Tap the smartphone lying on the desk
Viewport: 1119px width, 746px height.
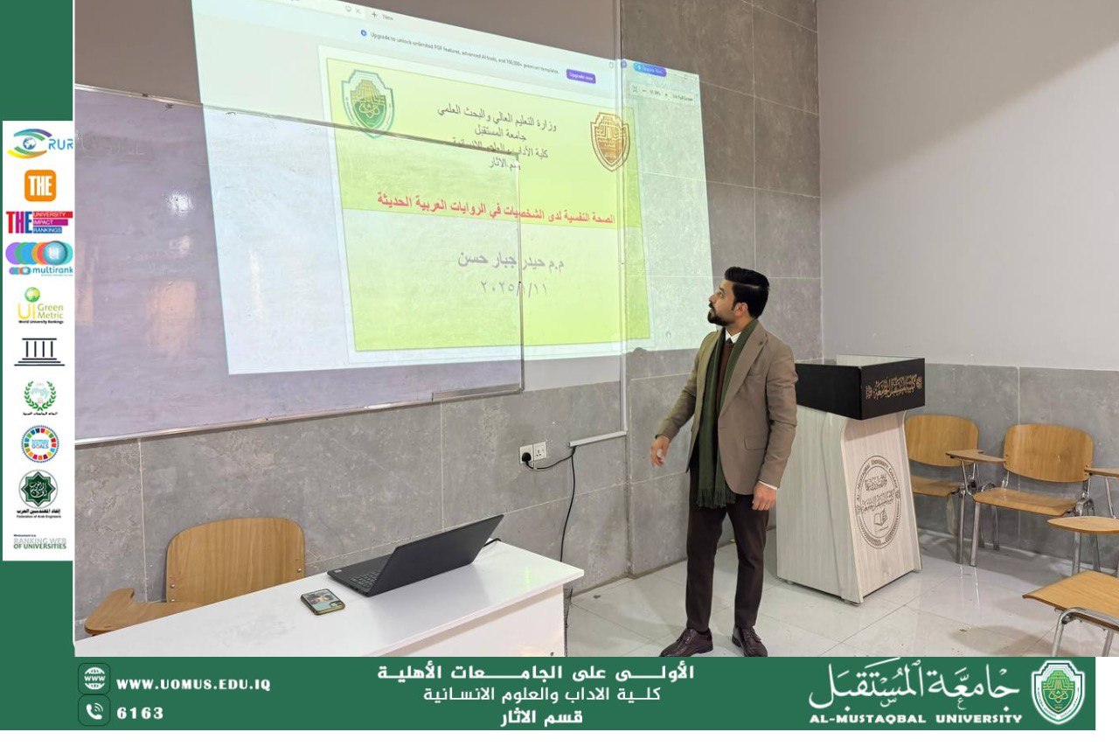(323, 601)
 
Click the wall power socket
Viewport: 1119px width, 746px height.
(532, 451)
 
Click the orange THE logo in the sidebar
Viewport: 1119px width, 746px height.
(40, 185)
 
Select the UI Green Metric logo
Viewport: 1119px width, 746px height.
(39, 305)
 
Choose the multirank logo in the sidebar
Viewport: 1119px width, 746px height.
(39, 259)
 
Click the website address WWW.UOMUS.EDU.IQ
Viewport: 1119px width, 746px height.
(193, 685)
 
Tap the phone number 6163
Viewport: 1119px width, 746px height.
(140, 713)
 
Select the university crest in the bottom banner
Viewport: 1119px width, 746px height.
(1058, 692)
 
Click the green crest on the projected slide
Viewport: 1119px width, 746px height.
(367, 102)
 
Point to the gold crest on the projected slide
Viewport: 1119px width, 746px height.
(609, 141)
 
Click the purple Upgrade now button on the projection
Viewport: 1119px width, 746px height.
(580, 77)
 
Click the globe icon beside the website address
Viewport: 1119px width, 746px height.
(94, 678)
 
